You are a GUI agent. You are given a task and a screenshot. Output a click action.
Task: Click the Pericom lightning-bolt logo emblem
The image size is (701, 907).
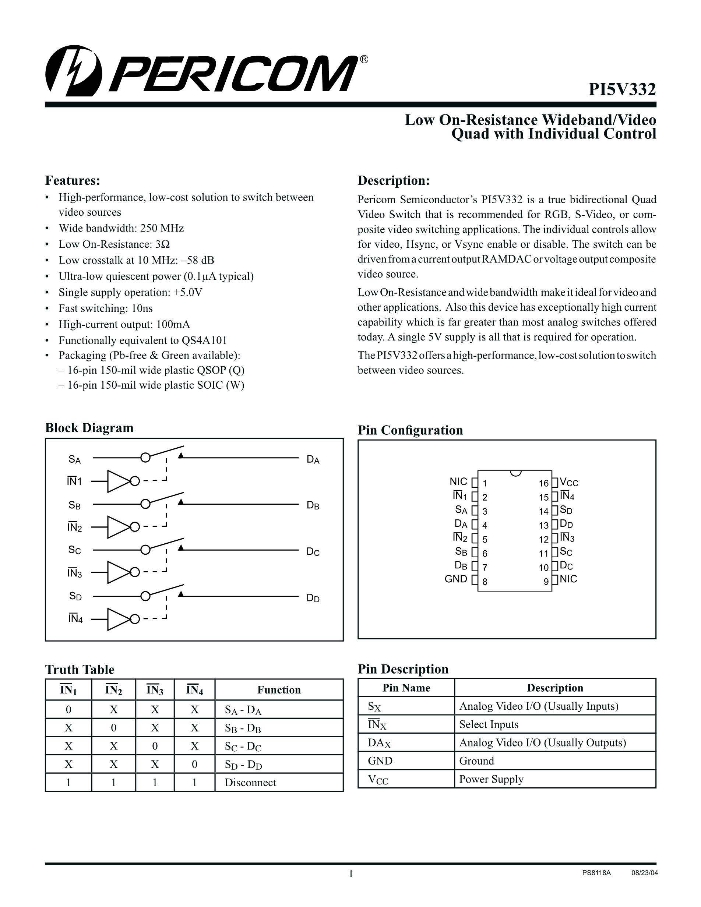(73, 71)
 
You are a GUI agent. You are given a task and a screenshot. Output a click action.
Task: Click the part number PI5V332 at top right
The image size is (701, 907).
(622, 89)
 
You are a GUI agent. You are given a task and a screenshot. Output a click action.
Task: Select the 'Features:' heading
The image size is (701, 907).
(72, 181)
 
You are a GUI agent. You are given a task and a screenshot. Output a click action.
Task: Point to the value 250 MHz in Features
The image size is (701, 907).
(162, 228)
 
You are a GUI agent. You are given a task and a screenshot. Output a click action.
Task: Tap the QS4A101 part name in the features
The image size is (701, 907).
(204, 340)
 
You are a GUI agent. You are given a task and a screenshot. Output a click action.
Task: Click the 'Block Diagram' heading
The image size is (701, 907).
(89, 428)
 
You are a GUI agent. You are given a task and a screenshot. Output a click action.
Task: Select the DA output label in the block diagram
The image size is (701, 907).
(313, 459)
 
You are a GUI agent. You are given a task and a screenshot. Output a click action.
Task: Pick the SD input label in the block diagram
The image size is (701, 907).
(75, 596)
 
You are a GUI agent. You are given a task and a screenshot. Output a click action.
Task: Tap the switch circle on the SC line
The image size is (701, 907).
(145, 550)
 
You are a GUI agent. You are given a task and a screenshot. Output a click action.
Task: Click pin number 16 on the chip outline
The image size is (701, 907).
(544, 483)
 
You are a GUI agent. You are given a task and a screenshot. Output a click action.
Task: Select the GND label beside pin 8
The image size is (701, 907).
(455, 579)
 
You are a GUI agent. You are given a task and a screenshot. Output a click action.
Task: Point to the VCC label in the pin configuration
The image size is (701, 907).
(568, 482)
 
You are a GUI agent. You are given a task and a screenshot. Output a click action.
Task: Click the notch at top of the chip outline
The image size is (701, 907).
(515, 473)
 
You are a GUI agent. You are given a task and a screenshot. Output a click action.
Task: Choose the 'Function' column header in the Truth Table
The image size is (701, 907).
(279, 690)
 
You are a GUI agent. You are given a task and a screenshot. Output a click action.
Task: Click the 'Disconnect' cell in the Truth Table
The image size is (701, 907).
(250, 783)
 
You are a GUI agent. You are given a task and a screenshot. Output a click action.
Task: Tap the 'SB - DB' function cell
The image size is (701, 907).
(243, 728)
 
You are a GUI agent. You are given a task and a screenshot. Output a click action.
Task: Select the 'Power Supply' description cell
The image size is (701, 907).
(491, 779)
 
